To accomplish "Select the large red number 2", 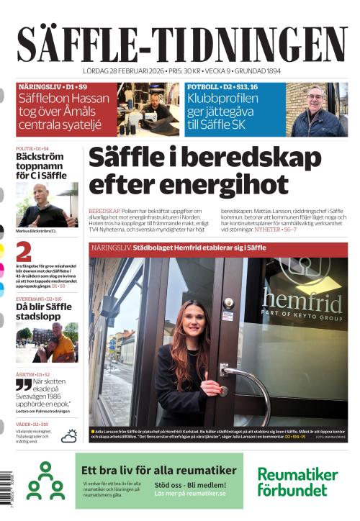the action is [23, 252].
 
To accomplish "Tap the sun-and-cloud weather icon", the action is [70, 435].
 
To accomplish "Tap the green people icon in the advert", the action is [45, 481].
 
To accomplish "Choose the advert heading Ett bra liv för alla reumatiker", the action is [159, 470].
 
